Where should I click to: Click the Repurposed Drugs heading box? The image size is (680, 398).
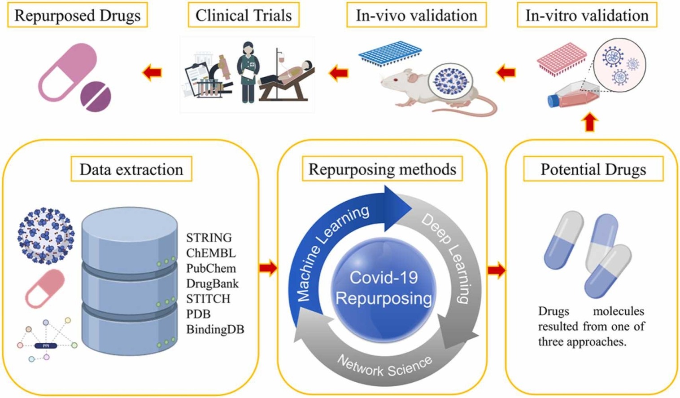coord(77,16)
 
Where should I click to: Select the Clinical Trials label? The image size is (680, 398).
coord(243,16)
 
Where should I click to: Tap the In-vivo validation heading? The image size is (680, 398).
coord(416,16)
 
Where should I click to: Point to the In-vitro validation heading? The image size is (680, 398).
coord(587,16)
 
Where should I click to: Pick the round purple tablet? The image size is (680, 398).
coord(96,96)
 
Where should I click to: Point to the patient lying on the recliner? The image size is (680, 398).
coord(287,74)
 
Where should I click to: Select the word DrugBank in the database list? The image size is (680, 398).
coord(212,283)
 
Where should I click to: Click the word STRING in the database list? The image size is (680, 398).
coord(209,238)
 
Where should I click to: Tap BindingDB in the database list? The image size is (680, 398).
coord(215,329)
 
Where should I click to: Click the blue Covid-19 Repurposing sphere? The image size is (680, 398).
coord(384,287)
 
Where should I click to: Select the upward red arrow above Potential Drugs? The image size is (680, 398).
coord(589,122)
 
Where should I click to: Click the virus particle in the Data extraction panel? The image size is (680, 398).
coord(45,235)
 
